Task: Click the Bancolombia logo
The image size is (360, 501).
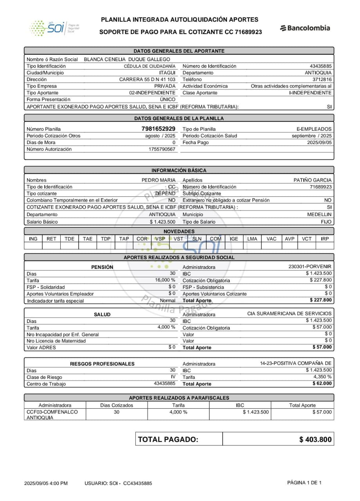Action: click(x=305, y=28)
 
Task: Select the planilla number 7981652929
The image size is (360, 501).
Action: click(x=158, y=129)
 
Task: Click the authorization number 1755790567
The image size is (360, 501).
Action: click(x=162, y=149)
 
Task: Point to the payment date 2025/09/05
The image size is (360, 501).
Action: click(x=319, y=142)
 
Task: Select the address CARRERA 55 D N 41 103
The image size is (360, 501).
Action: click(x=147, y=79)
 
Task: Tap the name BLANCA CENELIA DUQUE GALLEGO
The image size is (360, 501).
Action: click(x=127, y=59)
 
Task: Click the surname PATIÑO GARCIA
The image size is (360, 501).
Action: click(x=312, y=180)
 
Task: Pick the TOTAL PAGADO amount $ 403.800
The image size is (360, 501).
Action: click(x=315, y=440)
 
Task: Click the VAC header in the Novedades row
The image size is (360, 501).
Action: click(x=271, y=239)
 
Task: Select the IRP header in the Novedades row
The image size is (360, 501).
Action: click(x=325, y=239)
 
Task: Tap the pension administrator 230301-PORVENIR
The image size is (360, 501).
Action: click(x=310, y=267)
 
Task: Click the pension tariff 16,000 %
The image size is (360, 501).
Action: click(x=165, y=280)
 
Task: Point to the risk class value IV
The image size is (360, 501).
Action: click(x=173, y=377)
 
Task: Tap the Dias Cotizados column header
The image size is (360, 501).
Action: click(x=117, y=405)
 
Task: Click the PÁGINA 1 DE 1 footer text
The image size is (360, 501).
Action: click(x=304, y=483)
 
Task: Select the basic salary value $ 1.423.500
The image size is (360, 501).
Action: click(x=162, y=222)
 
